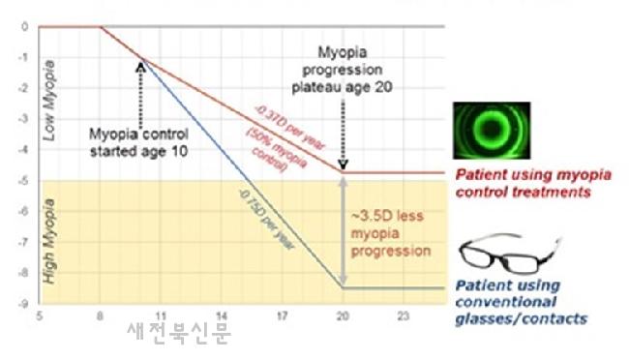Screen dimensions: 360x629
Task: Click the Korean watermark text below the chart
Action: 179,332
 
